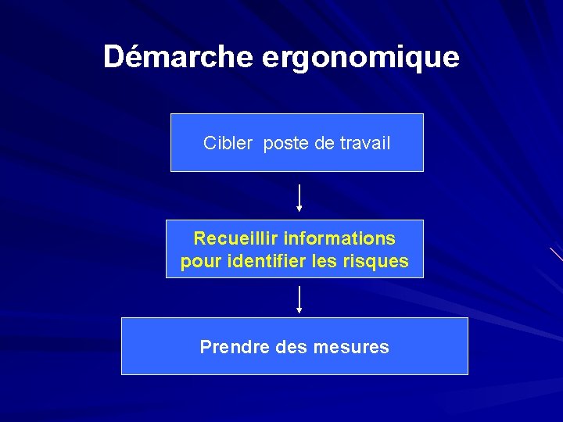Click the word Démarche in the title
coord(178,57)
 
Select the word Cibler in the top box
coord(228,143)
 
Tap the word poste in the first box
coord(286,144)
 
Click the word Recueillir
coord(235,238)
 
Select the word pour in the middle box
coord(201,262)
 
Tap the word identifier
coord(272,261)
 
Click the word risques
coord(375,261)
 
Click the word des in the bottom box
coord(296,346)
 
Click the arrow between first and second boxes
coord(299,197)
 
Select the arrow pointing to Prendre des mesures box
coord(299,299)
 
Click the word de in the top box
coord(321,143)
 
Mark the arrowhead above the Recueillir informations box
coord(299,209)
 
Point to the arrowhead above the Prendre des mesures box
coord(299,310)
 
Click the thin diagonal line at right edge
coord(556,253)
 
